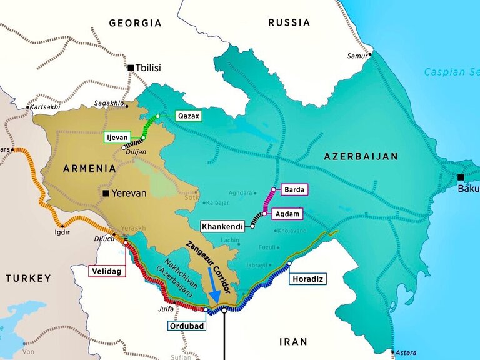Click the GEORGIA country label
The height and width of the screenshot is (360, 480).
(x=135, y=23)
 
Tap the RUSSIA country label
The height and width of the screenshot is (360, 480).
(x=289, y=22)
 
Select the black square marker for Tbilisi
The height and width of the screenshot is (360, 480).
(x=131, y=67)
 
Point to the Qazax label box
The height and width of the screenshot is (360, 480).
(x=188, y=116)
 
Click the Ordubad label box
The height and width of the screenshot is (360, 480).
(x=186, y=325)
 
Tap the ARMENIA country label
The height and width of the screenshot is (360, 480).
(x=89, y=168)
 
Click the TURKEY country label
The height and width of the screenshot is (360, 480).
(x=28, y=278)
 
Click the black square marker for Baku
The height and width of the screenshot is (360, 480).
(x=461, y=177)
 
